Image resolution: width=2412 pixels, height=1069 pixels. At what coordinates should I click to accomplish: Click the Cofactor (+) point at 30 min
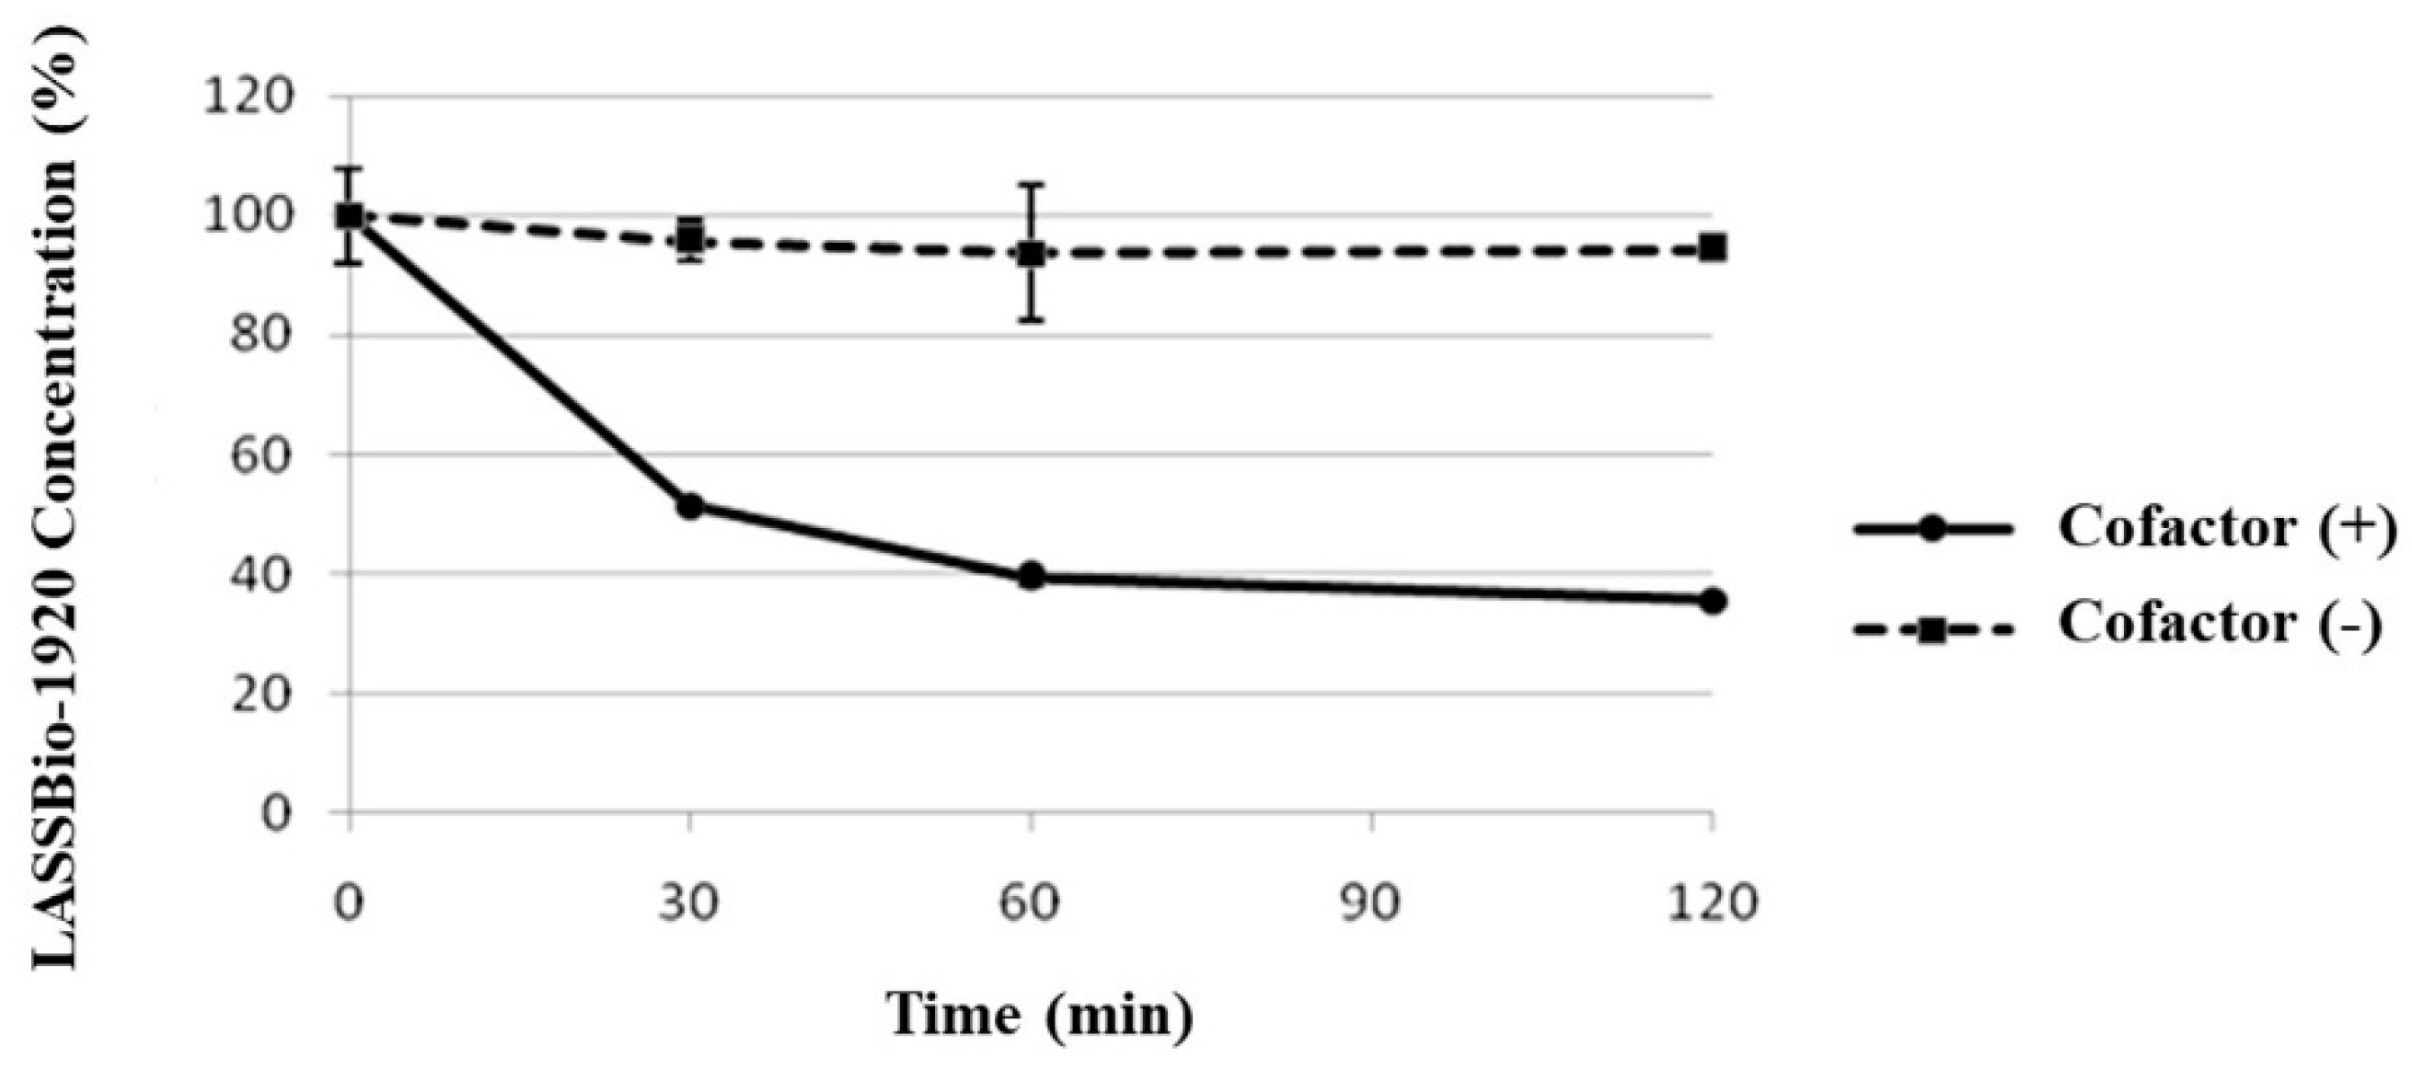coord(689,506)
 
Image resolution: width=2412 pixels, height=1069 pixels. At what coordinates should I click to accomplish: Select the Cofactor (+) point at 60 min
coord(1031,576)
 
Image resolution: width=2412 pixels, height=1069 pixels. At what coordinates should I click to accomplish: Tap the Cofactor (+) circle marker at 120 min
coord(1713,601)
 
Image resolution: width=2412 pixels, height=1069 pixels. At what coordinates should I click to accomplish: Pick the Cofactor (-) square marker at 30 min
coord(690,239)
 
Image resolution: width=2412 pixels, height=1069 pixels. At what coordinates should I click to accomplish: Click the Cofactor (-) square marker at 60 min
coord(1031,253)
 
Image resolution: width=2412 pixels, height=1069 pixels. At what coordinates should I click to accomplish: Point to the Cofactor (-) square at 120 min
coord(1713,248)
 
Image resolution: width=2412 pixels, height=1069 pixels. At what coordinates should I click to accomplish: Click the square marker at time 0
coord(350,216)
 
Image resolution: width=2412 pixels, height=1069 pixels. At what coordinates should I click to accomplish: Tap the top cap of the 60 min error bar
coord(1031,184)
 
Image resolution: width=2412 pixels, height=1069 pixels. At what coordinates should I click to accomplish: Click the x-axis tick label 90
coord(1371,904)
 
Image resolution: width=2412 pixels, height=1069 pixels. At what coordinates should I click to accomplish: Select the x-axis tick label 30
coord(689,904)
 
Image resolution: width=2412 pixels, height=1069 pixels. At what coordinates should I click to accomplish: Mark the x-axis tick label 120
coord(1713,904)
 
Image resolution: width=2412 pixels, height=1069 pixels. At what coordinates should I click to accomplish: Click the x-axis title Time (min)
coord(1039,1016)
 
